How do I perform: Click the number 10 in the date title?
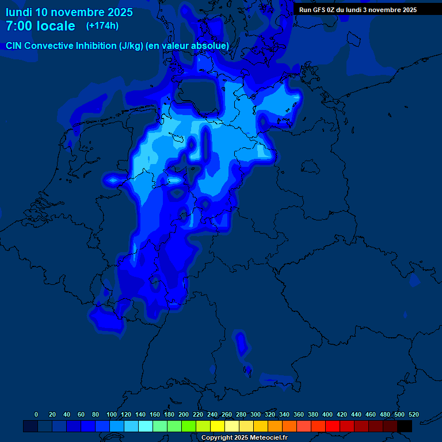42,12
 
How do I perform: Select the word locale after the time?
56,26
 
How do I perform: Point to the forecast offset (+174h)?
102,26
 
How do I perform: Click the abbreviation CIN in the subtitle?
14,45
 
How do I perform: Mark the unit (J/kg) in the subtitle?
132,45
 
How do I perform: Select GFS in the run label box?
321,10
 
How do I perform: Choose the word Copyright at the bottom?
217,437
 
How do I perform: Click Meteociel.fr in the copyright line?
268,437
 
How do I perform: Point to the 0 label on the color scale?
36,414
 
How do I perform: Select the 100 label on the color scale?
112,414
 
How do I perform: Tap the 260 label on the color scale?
227,414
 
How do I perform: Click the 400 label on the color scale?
327,414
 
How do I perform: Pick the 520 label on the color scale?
413,414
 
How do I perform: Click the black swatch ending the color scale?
405,426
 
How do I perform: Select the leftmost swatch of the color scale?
31,426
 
